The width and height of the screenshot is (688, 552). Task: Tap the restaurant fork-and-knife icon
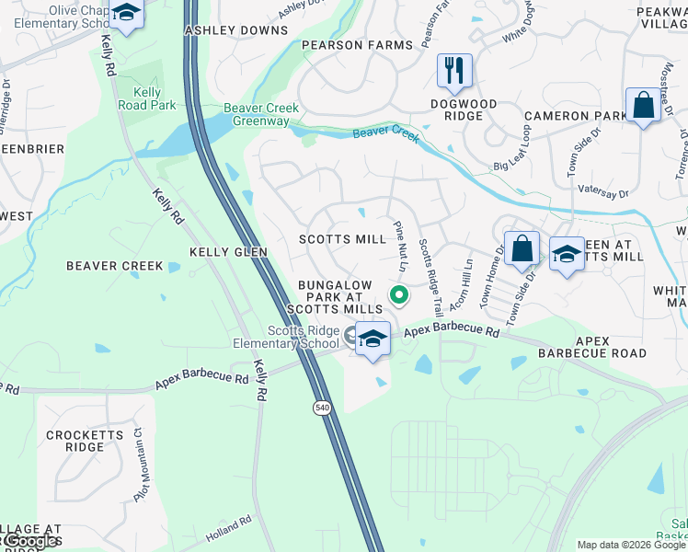453,71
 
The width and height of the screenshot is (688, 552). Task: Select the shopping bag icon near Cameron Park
643,106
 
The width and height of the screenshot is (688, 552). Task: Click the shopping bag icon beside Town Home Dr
522,248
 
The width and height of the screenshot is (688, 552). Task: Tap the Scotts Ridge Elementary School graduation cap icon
373,339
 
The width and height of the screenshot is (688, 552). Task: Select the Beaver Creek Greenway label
262,114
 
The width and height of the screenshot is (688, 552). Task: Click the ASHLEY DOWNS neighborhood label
224,30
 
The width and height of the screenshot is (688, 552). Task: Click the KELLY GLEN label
228,251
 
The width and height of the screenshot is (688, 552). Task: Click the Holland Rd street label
229,528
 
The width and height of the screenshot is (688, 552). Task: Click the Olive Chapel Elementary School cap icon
126,15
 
